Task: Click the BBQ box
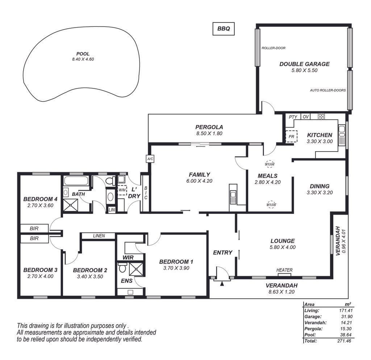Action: (x=223, y=29)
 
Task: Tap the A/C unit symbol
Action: (x=150, y=159)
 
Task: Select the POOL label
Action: (x=83, y=54)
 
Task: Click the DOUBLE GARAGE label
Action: (x=304, y=64)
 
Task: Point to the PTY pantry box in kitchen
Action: (x=293, y=117)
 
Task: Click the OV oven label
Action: (x=306, y=117)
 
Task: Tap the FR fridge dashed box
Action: (x=291, y=137)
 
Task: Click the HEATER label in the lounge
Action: (x=284, y=270)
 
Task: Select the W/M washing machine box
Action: (x=122, y=190)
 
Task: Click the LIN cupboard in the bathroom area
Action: (x=112, y=210)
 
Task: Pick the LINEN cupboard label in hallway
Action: (x=99, y=236)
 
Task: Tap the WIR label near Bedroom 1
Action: (x=128, y=257)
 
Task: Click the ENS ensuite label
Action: (x=126, y=281)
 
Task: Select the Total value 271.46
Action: (x=345, y=341)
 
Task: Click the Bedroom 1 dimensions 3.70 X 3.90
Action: (x=176, y=268)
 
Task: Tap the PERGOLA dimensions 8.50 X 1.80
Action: (x=209, y=133)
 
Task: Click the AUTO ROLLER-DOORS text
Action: (x=328, y=90)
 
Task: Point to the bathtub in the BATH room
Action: (x=76, y=181)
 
